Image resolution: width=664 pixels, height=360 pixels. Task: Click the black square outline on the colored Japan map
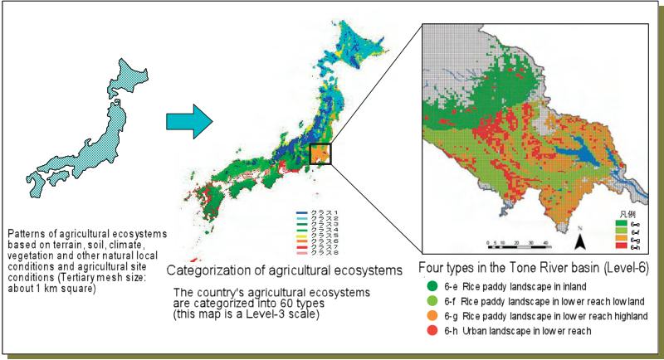320,154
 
